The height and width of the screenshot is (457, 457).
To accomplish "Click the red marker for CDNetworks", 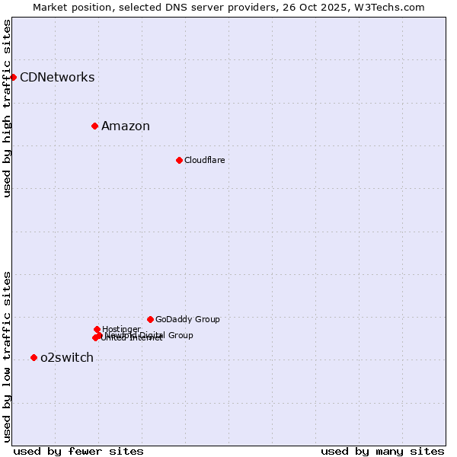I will [x=13, y=77].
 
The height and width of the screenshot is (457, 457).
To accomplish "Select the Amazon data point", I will [x=94, y=126].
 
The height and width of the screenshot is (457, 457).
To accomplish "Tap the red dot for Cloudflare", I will [x=179, y=160].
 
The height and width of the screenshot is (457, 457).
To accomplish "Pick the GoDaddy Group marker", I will [x=150, y=319].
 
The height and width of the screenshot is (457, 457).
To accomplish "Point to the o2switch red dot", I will [x=34, y=357].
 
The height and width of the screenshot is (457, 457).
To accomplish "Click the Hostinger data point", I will [x=97, y=329].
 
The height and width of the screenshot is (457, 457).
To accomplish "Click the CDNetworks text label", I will [x=57, y=77].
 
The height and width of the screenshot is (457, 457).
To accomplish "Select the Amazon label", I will [x=126, y=126].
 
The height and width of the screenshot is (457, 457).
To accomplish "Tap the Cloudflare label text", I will [x=204, y=160].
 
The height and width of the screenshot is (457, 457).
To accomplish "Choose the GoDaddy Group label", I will [x=187, y=319].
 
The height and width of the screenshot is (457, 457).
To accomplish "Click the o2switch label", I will [x=67, y=358].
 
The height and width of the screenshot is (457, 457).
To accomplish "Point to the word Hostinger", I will [x=121, y=329].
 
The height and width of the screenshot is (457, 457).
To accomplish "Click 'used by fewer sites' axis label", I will [x=78, y=451].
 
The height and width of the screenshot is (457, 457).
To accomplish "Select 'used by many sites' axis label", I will [x=382, y=451].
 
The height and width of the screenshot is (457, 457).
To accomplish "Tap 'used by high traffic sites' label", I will [x=8, y=108].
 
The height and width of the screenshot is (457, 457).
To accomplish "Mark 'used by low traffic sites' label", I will [x=8, y=356].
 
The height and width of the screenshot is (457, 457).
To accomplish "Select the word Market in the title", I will [x=51, y=7].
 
